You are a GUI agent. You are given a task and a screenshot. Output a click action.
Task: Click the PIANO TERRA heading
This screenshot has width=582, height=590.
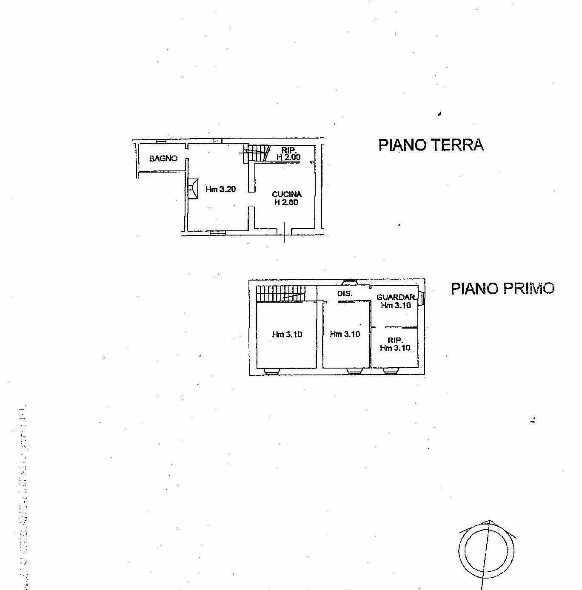pos(431,145)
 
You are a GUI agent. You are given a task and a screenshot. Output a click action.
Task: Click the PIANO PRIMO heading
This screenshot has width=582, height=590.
pos(502,289)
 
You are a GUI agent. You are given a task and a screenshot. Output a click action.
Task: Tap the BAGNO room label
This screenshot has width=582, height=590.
pos(163,159)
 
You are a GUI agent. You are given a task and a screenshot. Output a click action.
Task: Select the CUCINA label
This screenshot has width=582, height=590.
pos(287,194)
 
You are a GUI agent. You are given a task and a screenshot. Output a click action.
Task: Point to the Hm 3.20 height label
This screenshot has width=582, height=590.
pos(220,189)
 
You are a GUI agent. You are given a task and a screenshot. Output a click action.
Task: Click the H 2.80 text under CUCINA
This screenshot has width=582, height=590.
pos(286,202)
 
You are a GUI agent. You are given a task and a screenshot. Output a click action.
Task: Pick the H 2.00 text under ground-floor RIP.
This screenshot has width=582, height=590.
pos(288,157)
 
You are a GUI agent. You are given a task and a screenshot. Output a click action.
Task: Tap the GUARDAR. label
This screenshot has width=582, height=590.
pos(396,297)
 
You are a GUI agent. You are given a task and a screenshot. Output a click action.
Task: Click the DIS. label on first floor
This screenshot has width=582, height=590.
pos(345,293)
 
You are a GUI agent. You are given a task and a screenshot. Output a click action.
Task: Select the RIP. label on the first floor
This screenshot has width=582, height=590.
pos(395,340)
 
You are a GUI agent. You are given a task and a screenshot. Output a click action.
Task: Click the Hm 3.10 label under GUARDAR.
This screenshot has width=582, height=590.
pos(396,305)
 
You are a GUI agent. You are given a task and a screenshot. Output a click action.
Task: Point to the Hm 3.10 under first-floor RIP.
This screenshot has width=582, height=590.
pos(395,348)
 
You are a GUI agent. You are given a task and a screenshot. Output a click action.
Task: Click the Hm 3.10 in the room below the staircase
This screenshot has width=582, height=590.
pos(287,335)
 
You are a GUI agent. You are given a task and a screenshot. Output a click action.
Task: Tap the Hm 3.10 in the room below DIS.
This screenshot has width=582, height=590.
pos(345,334)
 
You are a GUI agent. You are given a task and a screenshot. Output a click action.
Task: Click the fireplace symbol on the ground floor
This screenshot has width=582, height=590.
pos(192,188)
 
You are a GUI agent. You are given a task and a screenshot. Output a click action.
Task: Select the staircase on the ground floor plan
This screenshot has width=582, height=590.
pos(257,153)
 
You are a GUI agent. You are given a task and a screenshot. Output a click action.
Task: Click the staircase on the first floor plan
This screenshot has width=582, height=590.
pos(281,293)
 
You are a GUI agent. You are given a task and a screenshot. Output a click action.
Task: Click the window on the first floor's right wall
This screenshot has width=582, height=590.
pos(421,298)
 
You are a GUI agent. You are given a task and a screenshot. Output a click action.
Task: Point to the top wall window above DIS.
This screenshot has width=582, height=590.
pos(351,282)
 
